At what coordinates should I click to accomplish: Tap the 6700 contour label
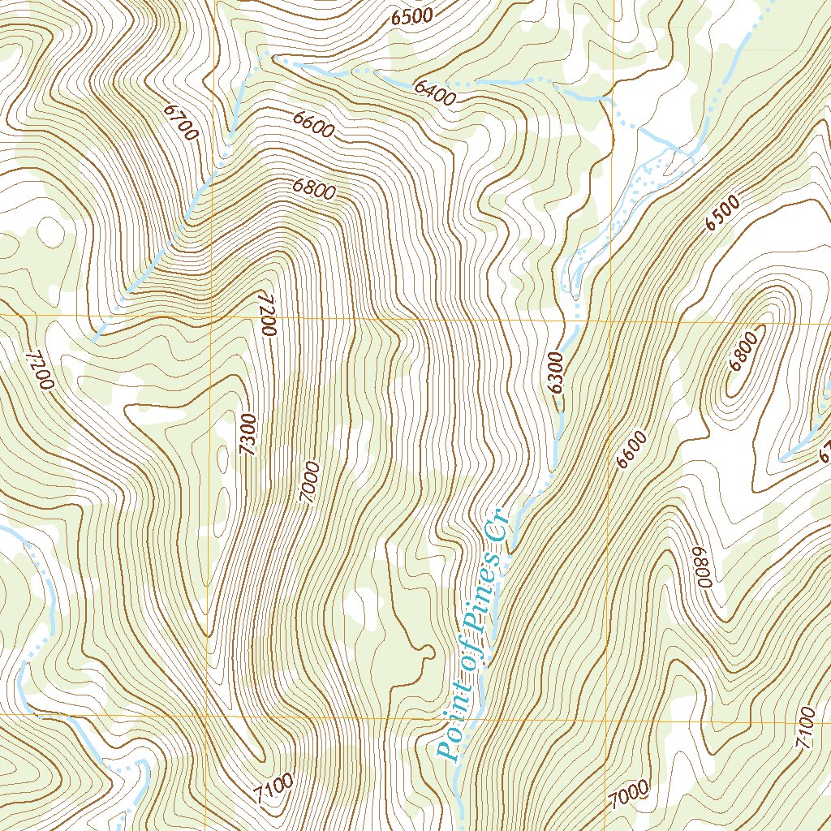(180, 122)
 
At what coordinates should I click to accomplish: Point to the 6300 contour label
(557, 372)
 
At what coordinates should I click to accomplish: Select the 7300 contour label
(249, 434)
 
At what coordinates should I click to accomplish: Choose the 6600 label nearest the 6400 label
(313, 126)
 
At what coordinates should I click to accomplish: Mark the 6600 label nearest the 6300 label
(632, 450)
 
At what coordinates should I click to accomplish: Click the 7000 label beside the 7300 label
(308, 482)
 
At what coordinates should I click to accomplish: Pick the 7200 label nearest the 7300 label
(269, 314)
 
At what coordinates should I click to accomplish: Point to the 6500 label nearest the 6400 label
(413, 15)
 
